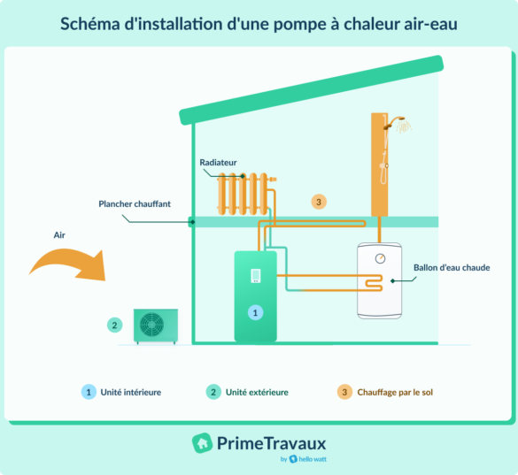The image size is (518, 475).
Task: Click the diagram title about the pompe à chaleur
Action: click(259, 24)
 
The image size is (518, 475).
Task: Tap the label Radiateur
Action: click(219, 164)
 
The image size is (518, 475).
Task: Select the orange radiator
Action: click(243, 194)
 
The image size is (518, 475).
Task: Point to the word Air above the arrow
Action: click(58, 235)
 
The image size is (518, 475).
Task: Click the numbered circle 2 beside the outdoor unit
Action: click(114, 325)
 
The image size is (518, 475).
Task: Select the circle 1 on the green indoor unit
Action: click(255, 312)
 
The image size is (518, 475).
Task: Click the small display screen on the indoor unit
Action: click(255, 275)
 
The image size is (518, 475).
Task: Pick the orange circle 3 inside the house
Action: click(319, 202)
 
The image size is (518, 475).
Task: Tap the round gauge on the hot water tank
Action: click(379, 258)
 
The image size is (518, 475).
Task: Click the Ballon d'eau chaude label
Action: click(452, 266)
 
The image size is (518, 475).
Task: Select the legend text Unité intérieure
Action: click(131, 391)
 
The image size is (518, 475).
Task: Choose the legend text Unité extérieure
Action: click(257, 391)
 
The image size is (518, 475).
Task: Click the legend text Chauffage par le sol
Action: click(394, 391)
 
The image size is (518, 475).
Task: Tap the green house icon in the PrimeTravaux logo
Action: click(202, 441)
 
